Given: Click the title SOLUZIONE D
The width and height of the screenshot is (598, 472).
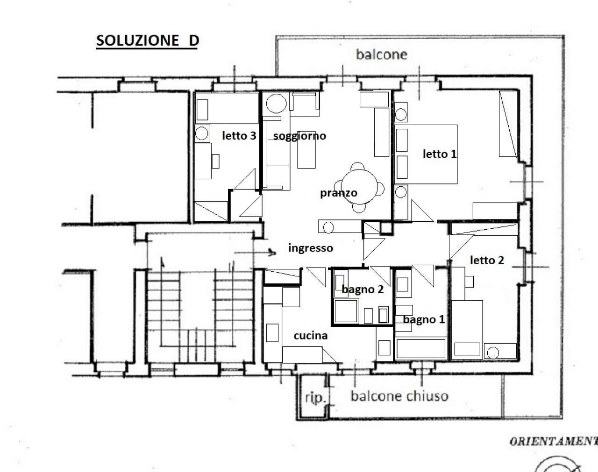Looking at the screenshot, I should [148, 41].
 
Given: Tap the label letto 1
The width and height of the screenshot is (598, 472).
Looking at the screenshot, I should [439, 154].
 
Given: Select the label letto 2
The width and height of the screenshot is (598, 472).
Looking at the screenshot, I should [487, 260].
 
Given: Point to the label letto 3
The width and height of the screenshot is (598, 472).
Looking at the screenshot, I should [239, 136].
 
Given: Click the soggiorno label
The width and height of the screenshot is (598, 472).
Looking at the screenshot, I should [299, 136].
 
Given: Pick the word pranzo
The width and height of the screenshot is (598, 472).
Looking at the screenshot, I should [338, 192].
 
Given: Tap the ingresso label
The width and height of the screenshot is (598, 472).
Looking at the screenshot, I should [310, 248].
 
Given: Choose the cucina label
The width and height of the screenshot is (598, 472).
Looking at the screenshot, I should [311, 335].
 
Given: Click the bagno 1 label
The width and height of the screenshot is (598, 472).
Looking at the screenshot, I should [424, 319].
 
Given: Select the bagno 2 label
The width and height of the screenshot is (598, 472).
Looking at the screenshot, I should [363, 289].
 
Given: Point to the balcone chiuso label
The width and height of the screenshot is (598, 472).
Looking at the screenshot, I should [399, 396].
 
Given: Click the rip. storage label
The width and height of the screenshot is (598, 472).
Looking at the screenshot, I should [315, 398].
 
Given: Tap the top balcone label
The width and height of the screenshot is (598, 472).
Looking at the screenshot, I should [381, 55].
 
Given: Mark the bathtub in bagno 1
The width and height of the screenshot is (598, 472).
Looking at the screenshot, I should [420, 348].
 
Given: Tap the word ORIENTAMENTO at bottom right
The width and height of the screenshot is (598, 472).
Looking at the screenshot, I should [554, 441].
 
